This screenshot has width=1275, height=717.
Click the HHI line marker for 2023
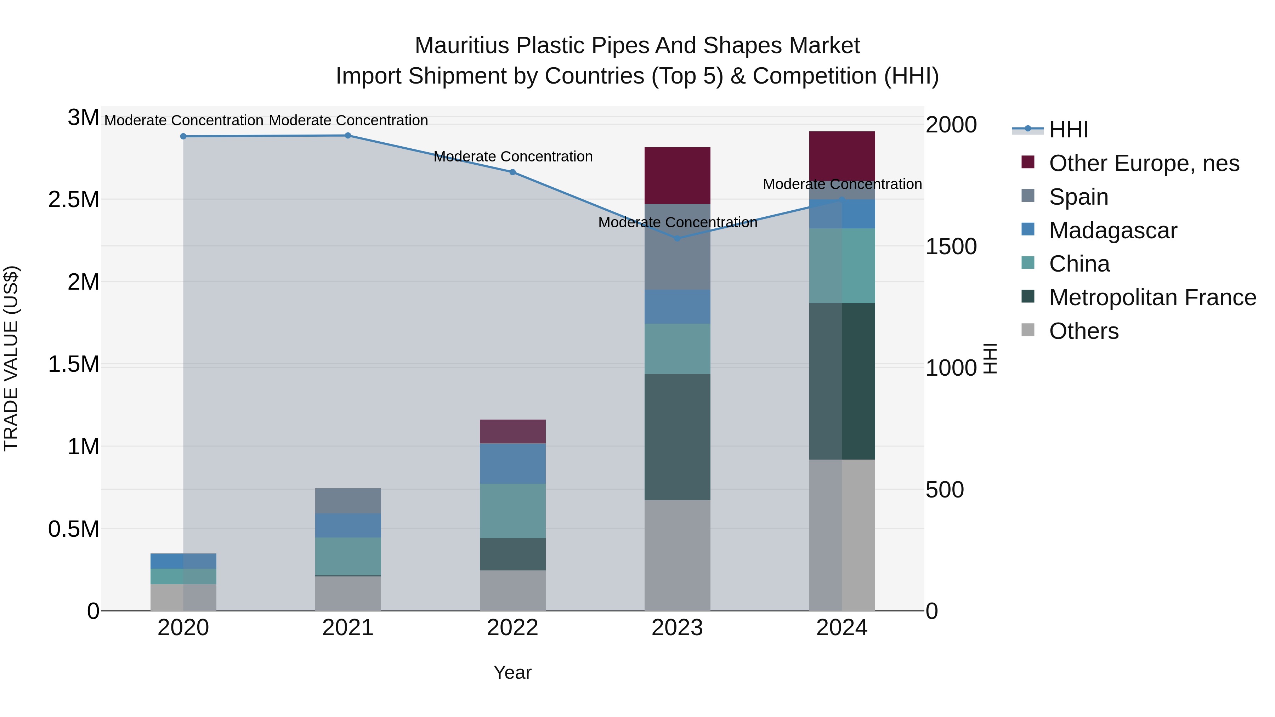[x=677, y=238]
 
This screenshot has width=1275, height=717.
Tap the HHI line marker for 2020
[x=183, y=136]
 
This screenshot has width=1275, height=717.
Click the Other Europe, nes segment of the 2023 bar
[x=677, y=176]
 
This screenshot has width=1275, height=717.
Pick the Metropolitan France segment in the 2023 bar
[x=677, y=437]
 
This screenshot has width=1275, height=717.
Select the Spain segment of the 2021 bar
[x=348, y=501]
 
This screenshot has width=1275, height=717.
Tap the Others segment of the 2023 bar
[x=677, y=555]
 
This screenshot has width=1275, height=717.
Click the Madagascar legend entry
[x=1113, y=231]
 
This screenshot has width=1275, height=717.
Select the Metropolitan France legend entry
[x=1152, y=297]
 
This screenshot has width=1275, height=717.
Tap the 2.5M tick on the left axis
[x=74, y=200]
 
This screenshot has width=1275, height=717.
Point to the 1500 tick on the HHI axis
[x=951, y=246]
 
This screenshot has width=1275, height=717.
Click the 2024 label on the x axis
[x=841, y=628]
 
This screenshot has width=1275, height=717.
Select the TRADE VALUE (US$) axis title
[x=11, y=358]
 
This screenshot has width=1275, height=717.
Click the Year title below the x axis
[x=512, y=672]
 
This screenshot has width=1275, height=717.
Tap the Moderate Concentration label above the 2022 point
[x=513, y=157]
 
